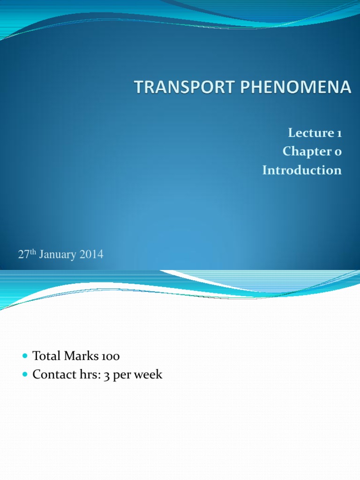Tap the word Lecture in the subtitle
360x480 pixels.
click(310, 133)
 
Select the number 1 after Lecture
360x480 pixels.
click(339, 134)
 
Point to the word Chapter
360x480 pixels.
click(307, 151)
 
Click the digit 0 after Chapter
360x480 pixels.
click(338, 152)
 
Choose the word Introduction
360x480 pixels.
click(302, 170)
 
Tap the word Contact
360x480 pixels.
click(51, 375)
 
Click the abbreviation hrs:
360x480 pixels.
click(85, 375)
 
